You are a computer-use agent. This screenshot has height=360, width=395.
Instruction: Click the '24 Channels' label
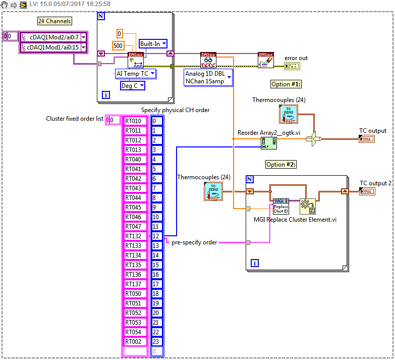[x=54, y=21]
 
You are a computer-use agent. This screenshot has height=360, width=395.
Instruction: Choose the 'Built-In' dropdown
[x=153, y=44]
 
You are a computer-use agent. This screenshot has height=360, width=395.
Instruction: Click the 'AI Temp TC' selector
[x=135, y=74]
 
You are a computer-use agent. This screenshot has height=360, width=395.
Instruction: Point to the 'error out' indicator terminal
[x=292, y=66]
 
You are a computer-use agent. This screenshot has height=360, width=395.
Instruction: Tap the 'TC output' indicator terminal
[x=367, y=139]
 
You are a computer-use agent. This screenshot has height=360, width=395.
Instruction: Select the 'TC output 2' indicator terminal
[x=367, y=191]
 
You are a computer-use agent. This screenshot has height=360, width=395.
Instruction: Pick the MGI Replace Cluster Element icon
[x=280, y=207]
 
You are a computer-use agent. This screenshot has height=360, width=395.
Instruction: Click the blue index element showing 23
[x=157, y=342]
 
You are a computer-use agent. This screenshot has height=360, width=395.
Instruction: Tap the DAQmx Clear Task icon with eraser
[x=265, y=60]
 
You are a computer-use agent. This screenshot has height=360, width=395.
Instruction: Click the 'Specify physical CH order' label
[x=175, y=110]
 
